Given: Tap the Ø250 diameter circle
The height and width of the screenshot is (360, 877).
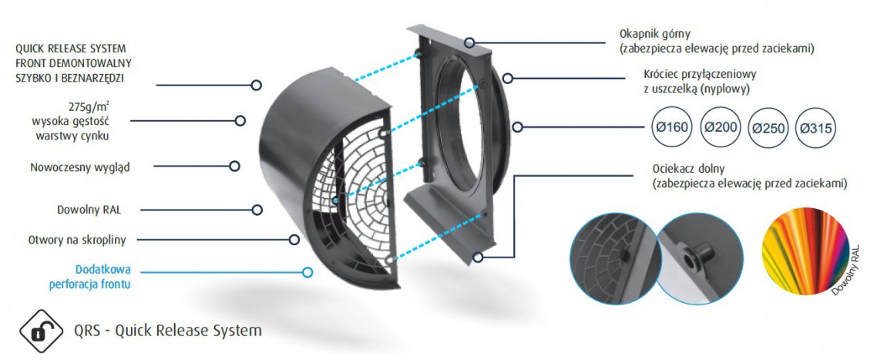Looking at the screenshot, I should (x=768, y=129).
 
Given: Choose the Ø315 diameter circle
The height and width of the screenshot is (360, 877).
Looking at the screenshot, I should (x=815, y=129).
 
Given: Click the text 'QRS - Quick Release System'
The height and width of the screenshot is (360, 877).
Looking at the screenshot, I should (x=167, y=331).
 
